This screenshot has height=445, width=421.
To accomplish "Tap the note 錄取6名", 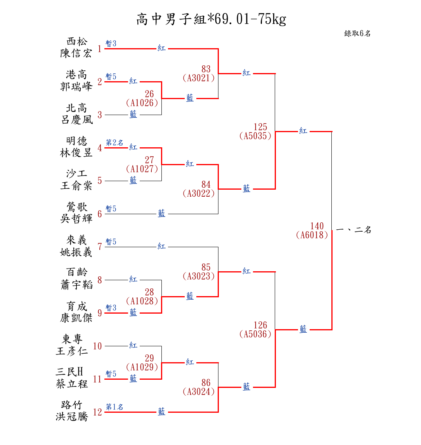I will (357, 33).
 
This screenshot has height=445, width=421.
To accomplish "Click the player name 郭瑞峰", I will (76, 87).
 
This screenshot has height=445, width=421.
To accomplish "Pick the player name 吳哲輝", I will (76, 219).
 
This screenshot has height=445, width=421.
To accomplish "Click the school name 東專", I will (72, 339).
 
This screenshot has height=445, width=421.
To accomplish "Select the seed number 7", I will (100, 247).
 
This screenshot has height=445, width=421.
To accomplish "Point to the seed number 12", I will (97, 412).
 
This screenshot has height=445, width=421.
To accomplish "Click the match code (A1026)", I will (142, 103).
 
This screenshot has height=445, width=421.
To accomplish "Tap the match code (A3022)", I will (199, 194).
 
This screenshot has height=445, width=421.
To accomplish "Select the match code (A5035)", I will (255, 136).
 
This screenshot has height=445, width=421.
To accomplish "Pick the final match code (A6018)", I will (312, 235).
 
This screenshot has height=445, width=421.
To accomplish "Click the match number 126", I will (260, 325).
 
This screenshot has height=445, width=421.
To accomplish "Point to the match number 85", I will (206, 267).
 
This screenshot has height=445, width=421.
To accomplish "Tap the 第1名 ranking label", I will (114, 407).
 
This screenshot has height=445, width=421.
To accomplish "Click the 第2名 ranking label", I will (114, 143).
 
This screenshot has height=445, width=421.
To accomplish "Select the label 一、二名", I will (354, 230).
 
